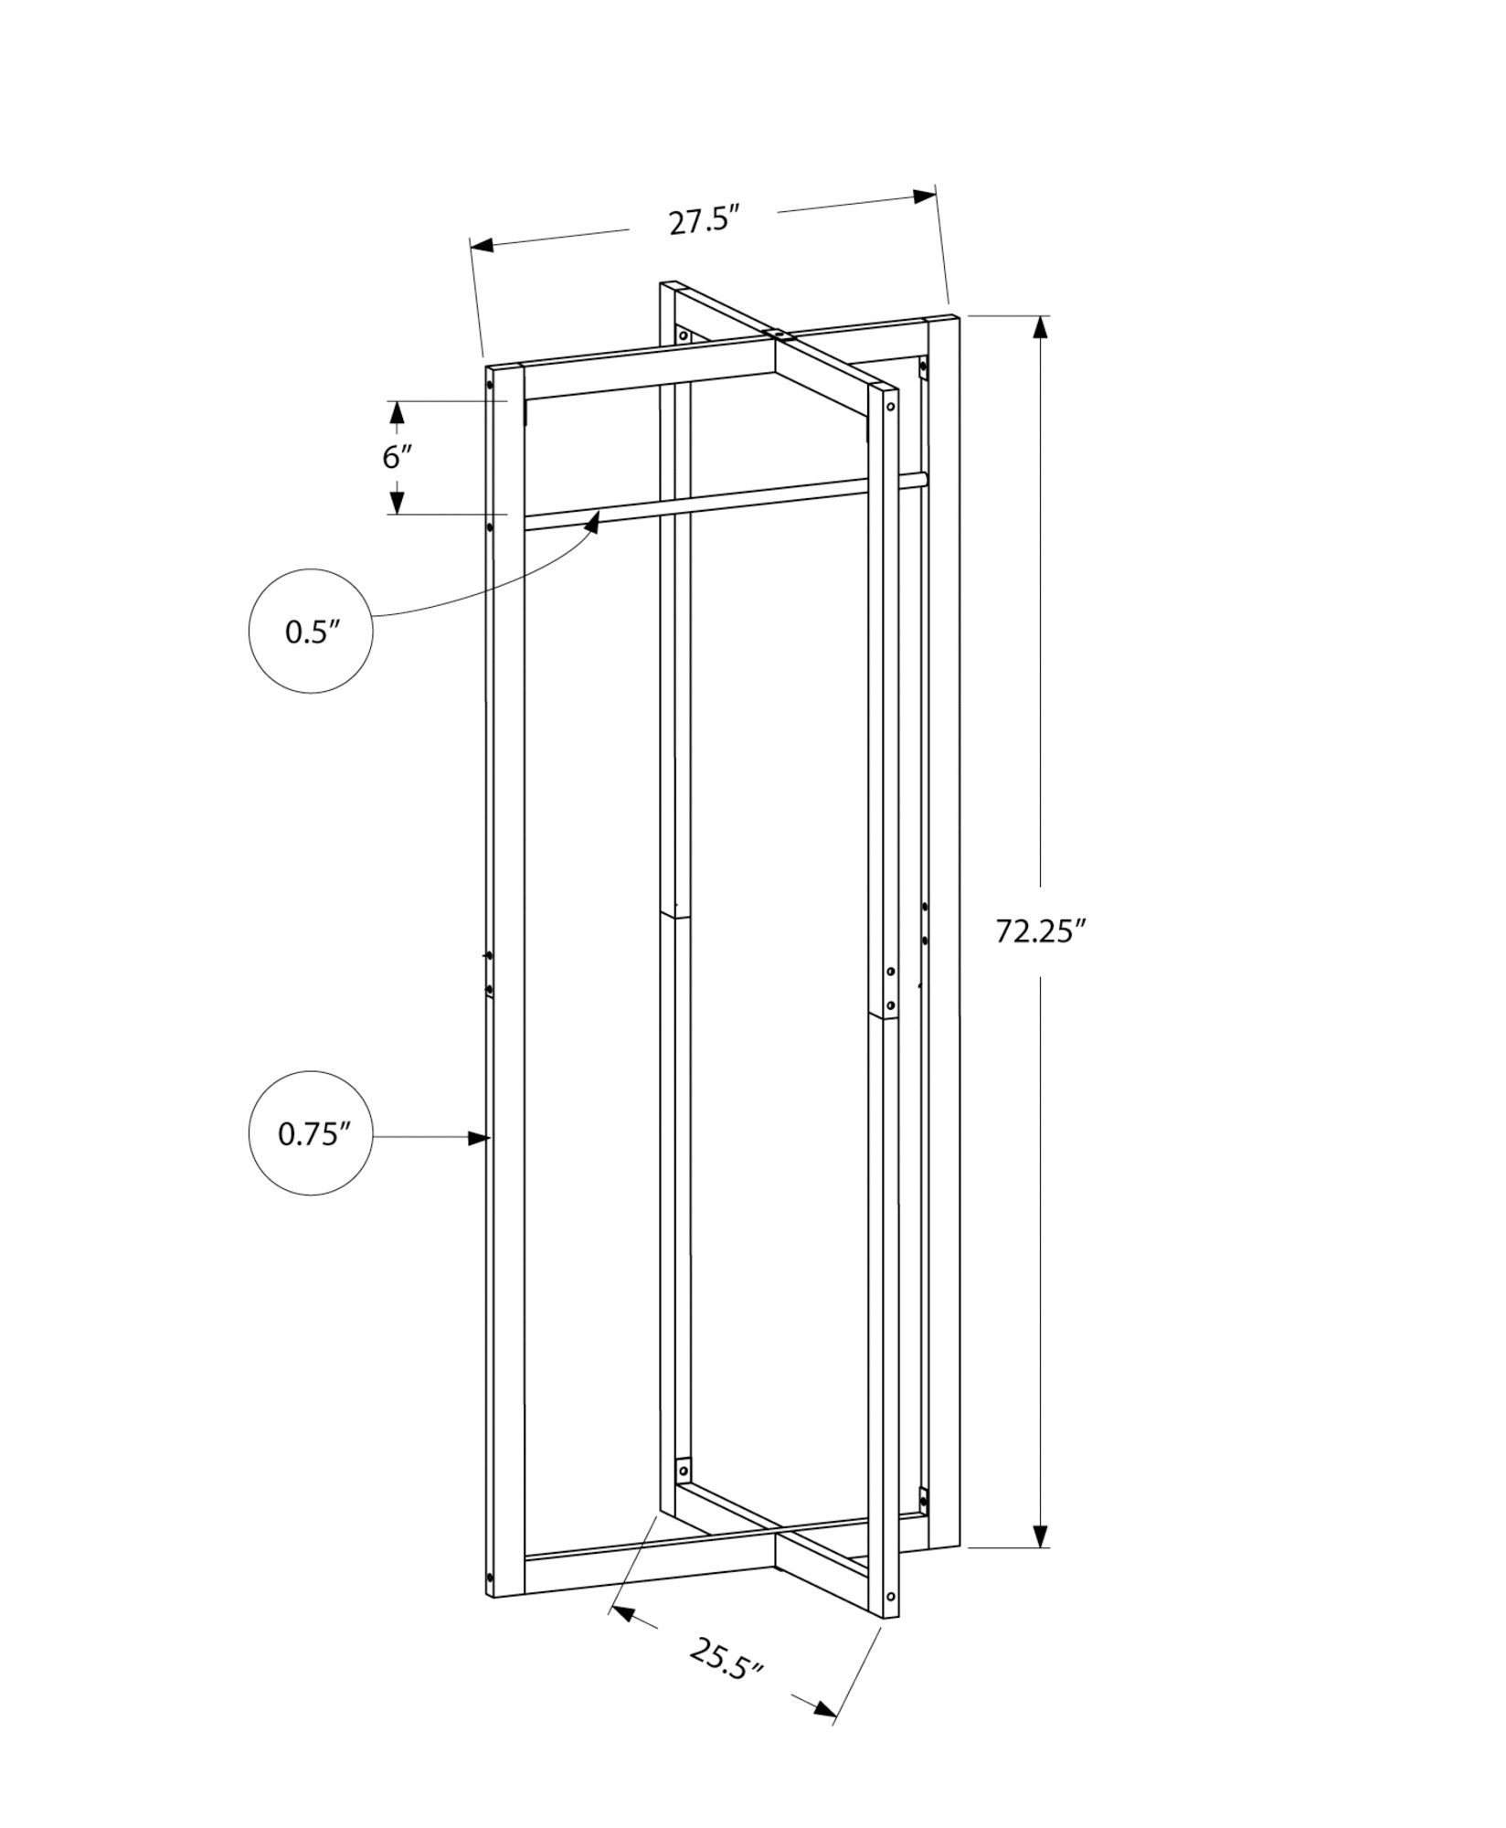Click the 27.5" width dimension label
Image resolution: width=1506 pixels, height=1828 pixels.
703,222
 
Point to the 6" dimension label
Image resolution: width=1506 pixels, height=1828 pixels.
398,456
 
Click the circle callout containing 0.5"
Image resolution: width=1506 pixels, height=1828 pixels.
311,631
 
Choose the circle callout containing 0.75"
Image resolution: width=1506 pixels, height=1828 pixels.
311,1133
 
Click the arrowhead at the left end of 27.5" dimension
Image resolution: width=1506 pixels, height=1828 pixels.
482,245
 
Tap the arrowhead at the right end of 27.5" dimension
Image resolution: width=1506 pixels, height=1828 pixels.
925,196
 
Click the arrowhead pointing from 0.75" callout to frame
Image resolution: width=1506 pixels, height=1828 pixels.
478,1138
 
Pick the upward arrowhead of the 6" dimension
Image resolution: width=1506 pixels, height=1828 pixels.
397,412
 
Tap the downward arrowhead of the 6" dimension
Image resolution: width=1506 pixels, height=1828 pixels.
397,503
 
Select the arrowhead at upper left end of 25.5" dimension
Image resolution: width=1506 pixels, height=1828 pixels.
623,1615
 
